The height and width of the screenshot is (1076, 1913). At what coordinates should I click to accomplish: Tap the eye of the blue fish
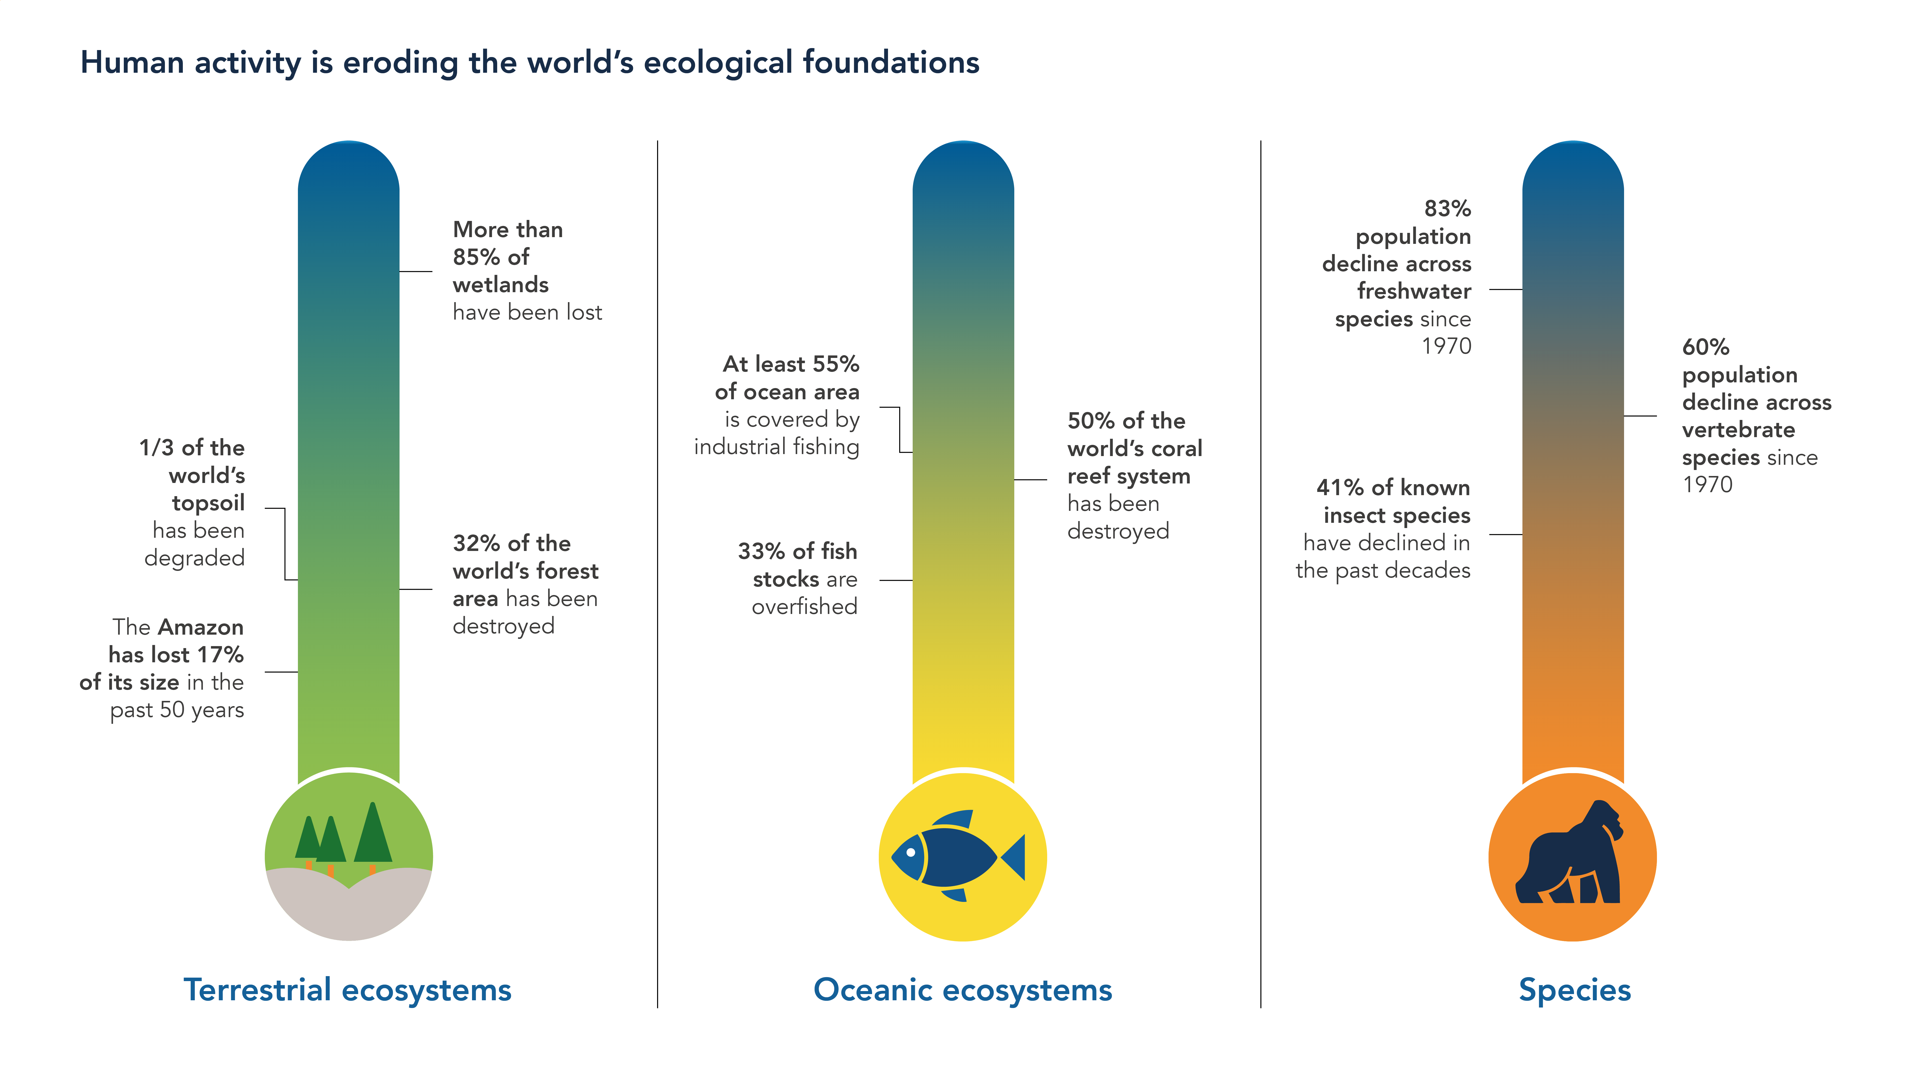[x=910, y=853]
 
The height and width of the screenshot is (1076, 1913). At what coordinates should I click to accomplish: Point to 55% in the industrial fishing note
[x=836, y=365]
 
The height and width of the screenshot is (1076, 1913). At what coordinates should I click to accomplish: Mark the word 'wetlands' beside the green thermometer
[x=500, y=285]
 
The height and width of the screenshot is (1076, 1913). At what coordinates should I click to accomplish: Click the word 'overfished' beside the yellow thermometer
[x=804, y=607]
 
